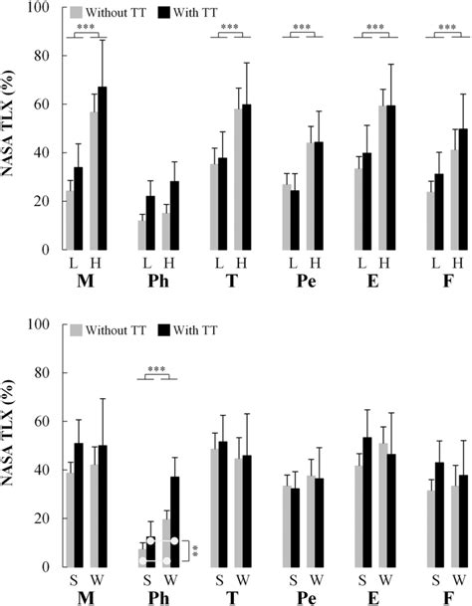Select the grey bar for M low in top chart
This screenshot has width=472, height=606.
click(x=70, y=221)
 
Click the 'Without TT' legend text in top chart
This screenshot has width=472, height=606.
click(x=114, y=13)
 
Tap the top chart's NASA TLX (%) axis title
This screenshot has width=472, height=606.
click(x=12, y=129)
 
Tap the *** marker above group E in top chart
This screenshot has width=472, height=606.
click(x=375, y=28)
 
